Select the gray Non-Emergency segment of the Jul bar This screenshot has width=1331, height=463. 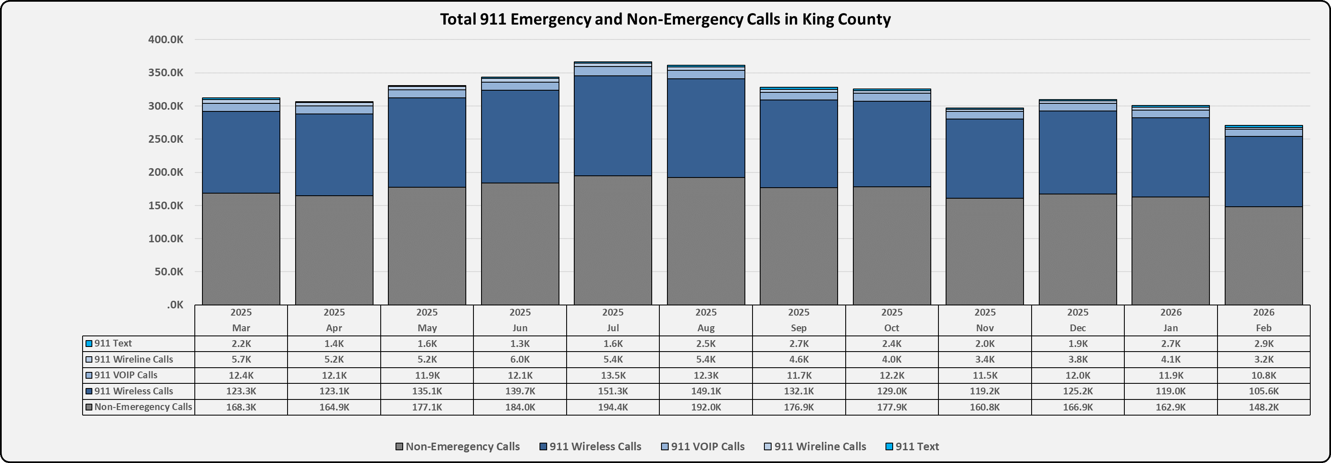pyautogui.click(x=613, y=240)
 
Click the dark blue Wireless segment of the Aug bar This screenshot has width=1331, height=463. pyautogui.click(x=706, y=128)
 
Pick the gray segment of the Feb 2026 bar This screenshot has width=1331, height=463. pyautogui.click(x=1263, y=256)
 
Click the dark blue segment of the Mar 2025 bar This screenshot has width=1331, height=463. pyautogui.click(x=241, y=152)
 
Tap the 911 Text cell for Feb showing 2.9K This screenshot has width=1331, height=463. pyautogui.click(x=1263, y=344)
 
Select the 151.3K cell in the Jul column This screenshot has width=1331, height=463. pyautogui.click(x=613, y=391)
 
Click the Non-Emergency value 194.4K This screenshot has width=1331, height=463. pyautogui.click(x=613, y=407)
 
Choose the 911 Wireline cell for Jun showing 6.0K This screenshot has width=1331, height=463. pyautogui.click(x=520, y=360)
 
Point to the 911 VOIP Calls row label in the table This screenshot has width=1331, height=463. pyautogui.click(x=125, y=375)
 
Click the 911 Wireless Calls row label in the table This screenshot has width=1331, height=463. pyautogui.click(x=133, y=391)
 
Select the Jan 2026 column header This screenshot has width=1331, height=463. pyautogui.click(x=1171, y=320)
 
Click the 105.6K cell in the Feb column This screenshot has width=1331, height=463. pyautogui.click(x=1263, y=391)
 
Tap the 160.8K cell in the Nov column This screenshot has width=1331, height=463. pyautogui.click(x=985, y=407)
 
